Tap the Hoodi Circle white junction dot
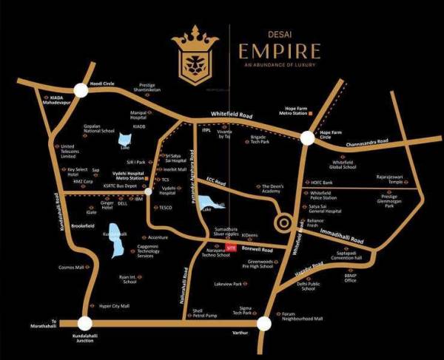click(x=80, y=90)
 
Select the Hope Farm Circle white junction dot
click(x=306, y=138)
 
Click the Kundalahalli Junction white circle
click(x=84, y=322)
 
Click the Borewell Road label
click(x=257, y=251)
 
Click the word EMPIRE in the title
click(x=278, y=52)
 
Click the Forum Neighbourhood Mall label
click(x=302, y=317)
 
